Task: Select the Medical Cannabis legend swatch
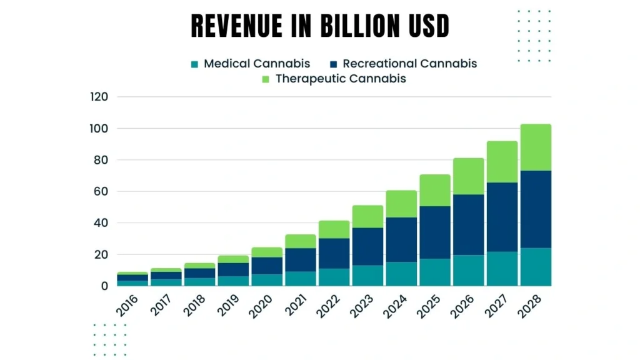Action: pyautogui.click(x=195, y=64)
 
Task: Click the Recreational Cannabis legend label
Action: pyautogui.click(x=409, y=64)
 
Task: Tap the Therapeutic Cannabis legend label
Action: pyautogui.click(x=341, y=79)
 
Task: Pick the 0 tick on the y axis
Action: pyautogui.click(x=105, y=286)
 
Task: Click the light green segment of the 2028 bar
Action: pyautogui.click(x=536, y=147)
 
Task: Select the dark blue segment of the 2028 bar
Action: pyautogui.click(x=536, y=209)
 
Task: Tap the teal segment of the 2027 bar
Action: pyautogui.click(x=502, y=269)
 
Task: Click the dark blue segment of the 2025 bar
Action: pyautogui.click(x=435, y=232)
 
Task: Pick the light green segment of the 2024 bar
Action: pyautogui.click(x=401, y=204)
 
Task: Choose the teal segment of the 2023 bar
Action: pyautogui.click(x=367, y=276)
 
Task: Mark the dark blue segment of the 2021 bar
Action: pyautogui.click(x=301, y=260)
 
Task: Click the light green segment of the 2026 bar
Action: pyautogui.click(x=469, y=176)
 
